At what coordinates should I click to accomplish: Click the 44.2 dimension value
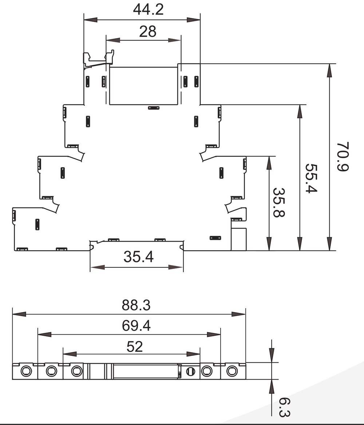point(148,10)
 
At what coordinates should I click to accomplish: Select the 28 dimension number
point(147,32)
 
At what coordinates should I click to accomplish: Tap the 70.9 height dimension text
point(343,157)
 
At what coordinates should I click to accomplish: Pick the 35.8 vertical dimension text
point(279,202)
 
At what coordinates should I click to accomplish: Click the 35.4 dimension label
point(138,257)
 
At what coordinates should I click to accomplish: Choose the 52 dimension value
point(135,347)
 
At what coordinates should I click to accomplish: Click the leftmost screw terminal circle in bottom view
point(26,371)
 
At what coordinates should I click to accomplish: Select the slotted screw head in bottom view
point(190,372)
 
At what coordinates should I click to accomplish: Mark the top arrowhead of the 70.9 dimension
point(329,70)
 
